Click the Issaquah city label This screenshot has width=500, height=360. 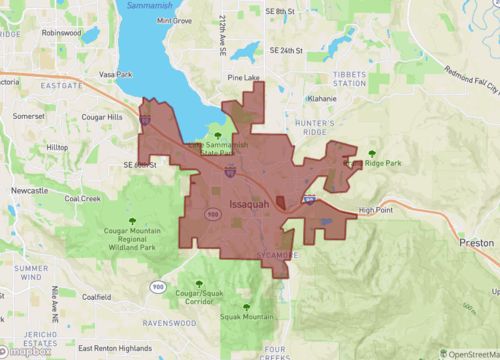pyautogui.click(x=249, y=207)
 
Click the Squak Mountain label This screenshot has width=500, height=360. pyautogui.click(x=245, y=317)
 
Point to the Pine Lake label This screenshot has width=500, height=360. pyautogui.click(x=243, y=76)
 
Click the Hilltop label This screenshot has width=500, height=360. pyautogui.click(x=57, y=147)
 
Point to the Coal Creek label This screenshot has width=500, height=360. pyautogui.click(x=84, y=198)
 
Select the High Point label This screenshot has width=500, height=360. pyautogui.click(x=376, y=210)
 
